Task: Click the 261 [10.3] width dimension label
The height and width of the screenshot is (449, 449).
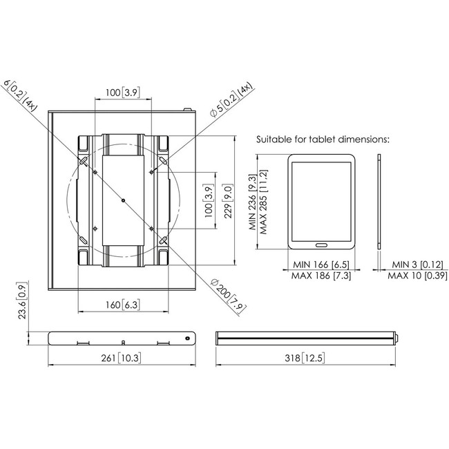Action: (122, 358)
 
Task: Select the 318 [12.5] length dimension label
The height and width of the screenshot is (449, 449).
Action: (305, 358)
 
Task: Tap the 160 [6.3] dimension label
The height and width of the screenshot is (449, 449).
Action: (123, 305)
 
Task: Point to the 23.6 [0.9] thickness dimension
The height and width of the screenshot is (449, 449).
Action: (22, 300)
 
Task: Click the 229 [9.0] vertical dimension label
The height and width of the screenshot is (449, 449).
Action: (228, 201)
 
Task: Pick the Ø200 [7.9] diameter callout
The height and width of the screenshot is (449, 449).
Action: (228, 296)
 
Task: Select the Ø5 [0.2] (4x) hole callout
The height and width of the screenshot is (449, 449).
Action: (231, 99)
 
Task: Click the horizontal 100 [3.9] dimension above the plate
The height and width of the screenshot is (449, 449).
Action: (123, 93)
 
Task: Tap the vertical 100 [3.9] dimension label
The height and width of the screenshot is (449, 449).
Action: (209, 201)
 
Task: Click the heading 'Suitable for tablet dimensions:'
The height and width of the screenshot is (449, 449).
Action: (323, 140)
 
